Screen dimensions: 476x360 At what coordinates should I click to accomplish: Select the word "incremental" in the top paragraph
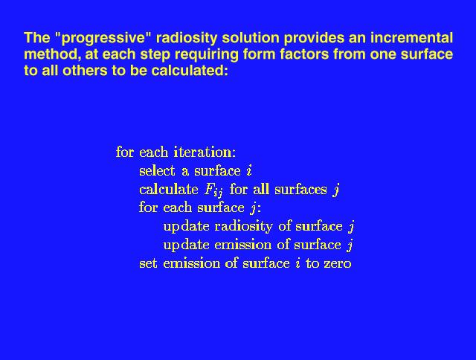pyautogui.click(x=411, y=38)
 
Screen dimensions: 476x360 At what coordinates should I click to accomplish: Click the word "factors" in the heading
pyautogui.click(x=304, y=54)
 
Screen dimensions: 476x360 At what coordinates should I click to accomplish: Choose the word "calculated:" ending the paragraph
pyautogui.click(x=190, y=71)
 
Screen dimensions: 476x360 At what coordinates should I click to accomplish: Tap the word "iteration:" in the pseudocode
pyautogui.click(x=205, y=152)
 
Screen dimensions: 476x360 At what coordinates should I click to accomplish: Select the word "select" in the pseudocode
pyautogui.click(x=157, y=170)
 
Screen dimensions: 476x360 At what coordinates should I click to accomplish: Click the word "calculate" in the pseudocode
pyautogui.click(x=169, y=189)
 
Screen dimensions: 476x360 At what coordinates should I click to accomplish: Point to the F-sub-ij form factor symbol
pyautogui.click(x=213, y=190)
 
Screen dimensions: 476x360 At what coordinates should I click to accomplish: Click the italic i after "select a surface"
pyautogui.click(x=249, y=171)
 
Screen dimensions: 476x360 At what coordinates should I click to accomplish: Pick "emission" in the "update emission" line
pyautogui.click(x=243, y=245)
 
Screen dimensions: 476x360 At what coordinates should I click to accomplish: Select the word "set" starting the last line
pyautogui.click(x=148, y=263)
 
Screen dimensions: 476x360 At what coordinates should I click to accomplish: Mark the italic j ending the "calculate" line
pyautogui.click(x=335, y=190)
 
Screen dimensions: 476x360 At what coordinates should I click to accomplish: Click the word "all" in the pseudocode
pyautogui.click(x=261, y=189)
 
